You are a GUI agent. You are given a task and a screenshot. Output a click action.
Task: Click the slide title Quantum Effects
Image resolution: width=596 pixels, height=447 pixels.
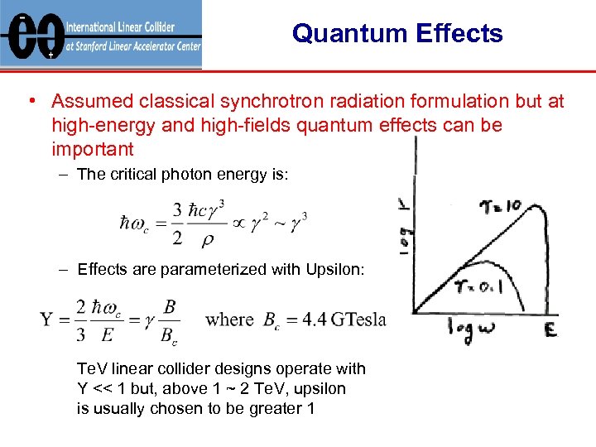pos(397,34)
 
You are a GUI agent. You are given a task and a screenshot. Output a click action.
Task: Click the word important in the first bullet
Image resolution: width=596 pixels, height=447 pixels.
pos(92,149)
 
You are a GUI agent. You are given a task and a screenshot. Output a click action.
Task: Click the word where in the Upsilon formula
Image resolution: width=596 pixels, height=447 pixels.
pos(228,319)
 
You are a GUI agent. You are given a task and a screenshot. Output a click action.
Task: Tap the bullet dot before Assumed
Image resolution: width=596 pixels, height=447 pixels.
pos(30,102)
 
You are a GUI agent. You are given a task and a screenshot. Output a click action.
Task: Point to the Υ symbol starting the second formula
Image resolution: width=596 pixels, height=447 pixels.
pos(48,320)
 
